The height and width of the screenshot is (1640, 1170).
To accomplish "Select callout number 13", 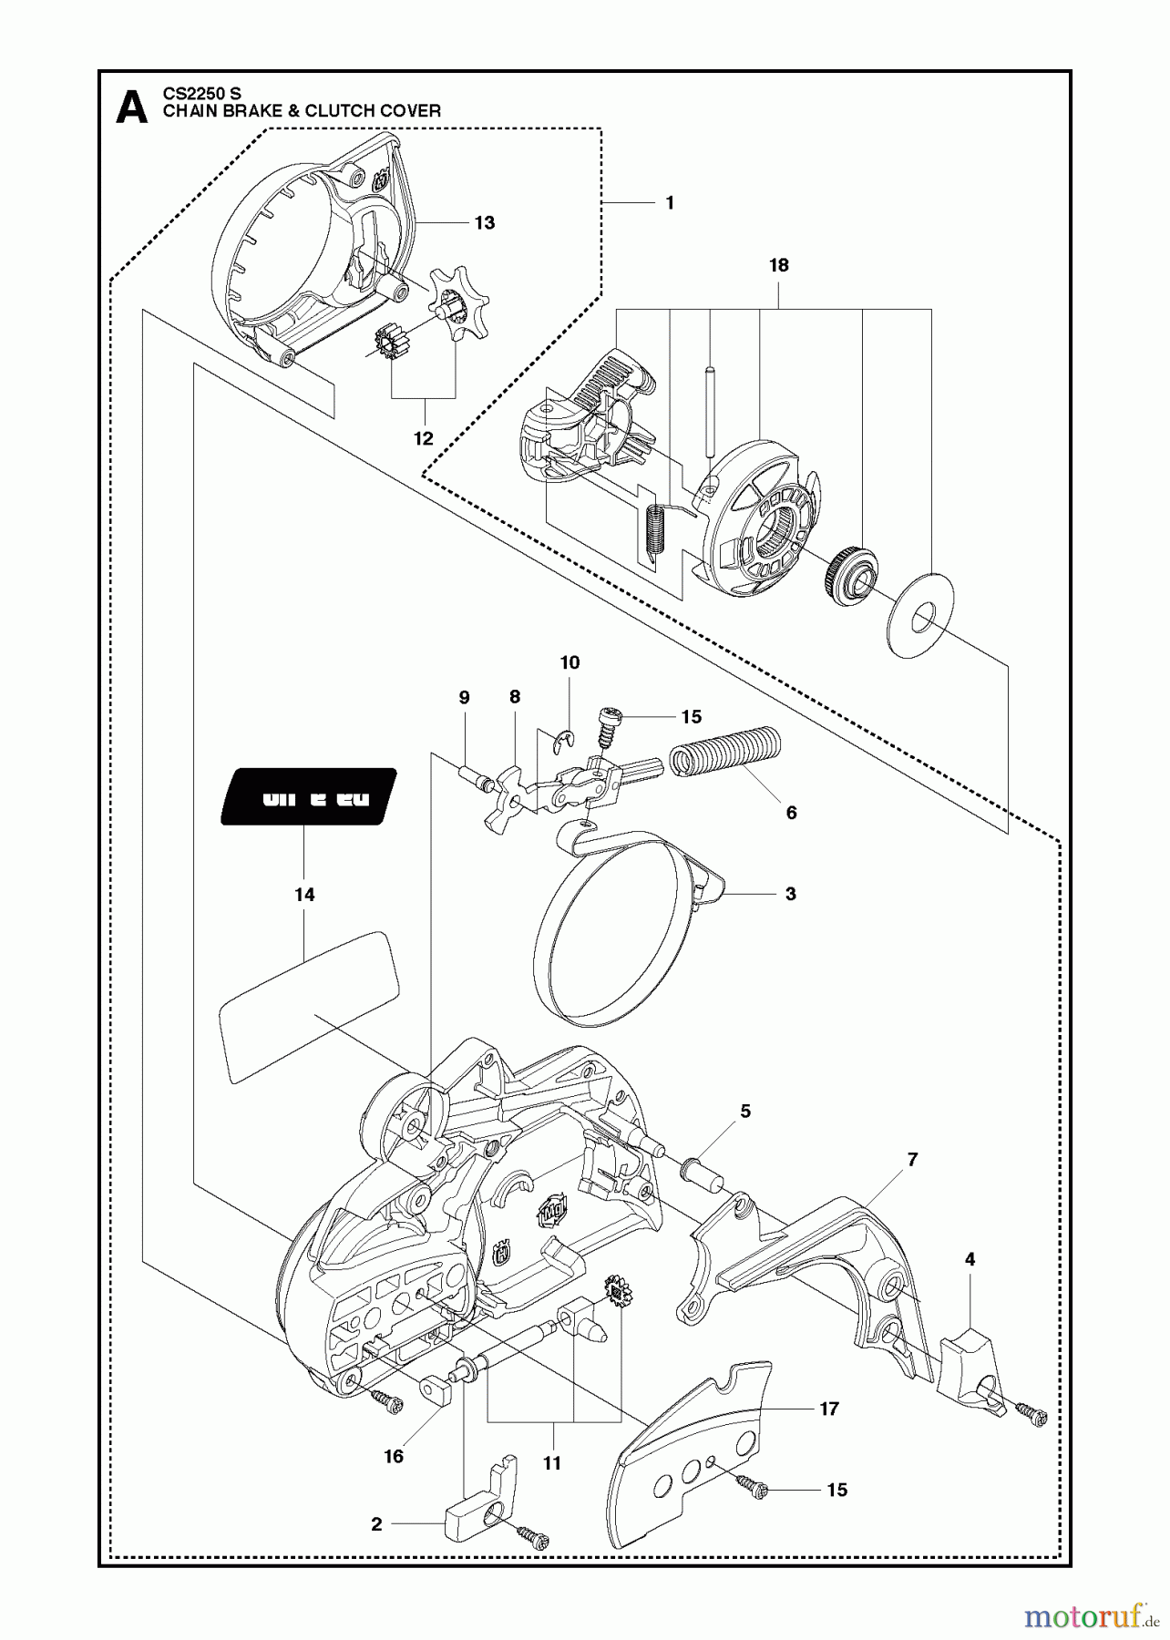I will [485, 223].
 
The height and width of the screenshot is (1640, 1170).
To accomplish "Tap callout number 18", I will [778, 265].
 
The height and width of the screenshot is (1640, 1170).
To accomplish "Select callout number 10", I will [570, 662].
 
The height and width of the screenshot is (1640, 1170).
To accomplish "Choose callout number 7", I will [912, 1160].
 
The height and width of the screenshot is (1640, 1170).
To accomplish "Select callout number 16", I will [393, 1457].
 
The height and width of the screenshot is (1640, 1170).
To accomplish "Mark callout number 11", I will [552, 1463].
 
